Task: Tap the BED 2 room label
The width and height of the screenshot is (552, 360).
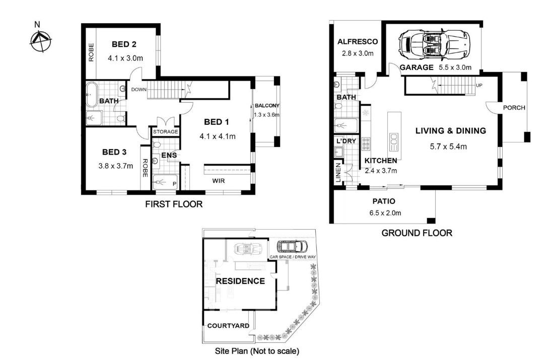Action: click(124, 44)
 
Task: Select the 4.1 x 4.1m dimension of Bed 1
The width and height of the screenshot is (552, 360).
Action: click(217, 136)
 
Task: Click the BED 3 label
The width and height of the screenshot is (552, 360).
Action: click(114, 152)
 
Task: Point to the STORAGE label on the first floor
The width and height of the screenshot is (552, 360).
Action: click(166, 131)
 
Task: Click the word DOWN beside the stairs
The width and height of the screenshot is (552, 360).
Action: click(139, 90)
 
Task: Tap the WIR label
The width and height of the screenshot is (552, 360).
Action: click(218, 181)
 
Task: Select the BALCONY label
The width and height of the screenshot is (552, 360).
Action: click(267, 106)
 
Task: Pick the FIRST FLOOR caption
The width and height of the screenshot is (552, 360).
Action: click(174, 204)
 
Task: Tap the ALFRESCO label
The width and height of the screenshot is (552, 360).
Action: click(357, 41)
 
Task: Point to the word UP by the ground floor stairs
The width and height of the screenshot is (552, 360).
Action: click(479, 86)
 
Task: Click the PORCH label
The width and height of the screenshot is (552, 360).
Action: click(514, 108)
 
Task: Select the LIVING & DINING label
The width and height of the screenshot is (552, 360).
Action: click(451, 131)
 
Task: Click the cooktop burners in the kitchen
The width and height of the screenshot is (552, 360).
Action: click(366, 143)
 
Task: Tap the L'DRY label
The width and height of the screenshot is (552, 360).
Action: click(346, 141)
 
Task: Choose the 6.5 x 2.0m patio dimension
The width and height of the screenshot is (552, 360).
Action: click(385, 213)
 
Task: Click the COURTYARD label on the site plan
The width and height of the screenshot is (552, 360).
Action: click(228, 326)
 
